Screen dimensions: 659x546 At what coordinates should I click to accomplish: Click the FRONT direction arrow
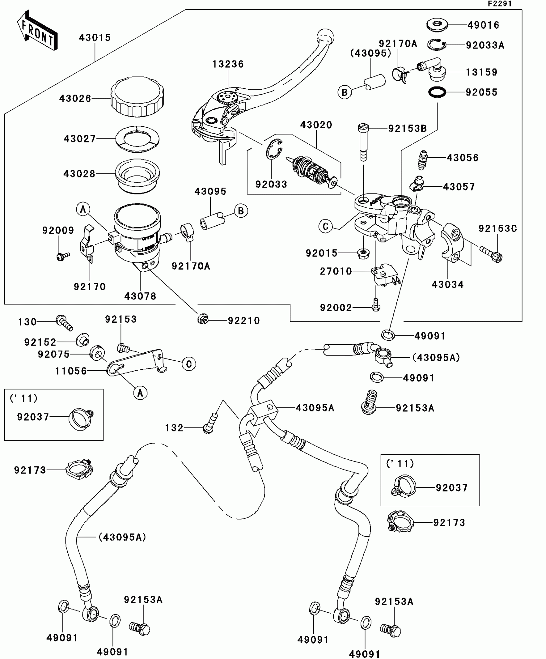click(x=37, y=31)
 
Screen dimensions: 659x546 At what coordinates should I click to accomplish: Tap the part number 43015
click(x=95, y=38)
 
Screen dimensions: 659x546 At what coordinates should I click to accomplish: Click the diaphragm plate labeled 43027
click(x=137, y=139)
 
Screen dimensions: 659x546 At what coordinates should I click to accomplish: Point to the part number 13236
click(x=228, y=64)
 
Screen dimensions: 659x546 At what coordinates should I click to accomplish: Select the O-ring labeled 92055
click(x=437, y=92)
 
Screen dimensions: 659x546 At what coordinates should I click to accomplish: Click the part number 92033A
click(x=485, y=45)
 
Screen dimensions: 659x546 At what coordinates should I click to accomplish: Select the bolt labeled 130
click(x=65, y=322)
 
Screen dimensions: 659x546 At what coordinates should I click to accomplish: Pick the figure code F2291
click(x=500, y=4)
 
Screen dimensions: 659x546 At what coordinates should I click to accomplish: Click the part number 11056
click(x=71, y=371)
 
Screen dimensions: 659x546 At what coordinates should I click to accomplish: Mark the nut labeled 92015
click(x=363, y=254)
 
